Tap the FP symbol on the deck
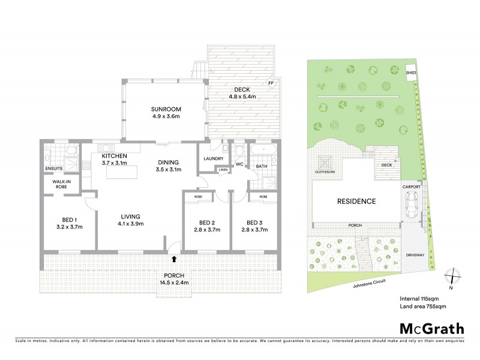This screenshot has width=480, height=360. coord(271,83)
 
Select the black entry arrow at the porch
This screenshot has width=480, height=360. coord(175,260)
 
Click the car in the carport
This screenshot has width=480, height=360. coord(412,206)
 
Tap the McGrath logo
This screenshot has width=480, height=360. coord(431,328)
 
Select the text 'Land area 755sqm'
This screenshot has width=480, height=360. coord(423,306)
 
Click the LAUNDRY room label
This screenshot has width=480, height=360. coord(213,158)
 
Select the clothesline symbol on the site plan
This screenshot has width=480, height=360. coord(328,163)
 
